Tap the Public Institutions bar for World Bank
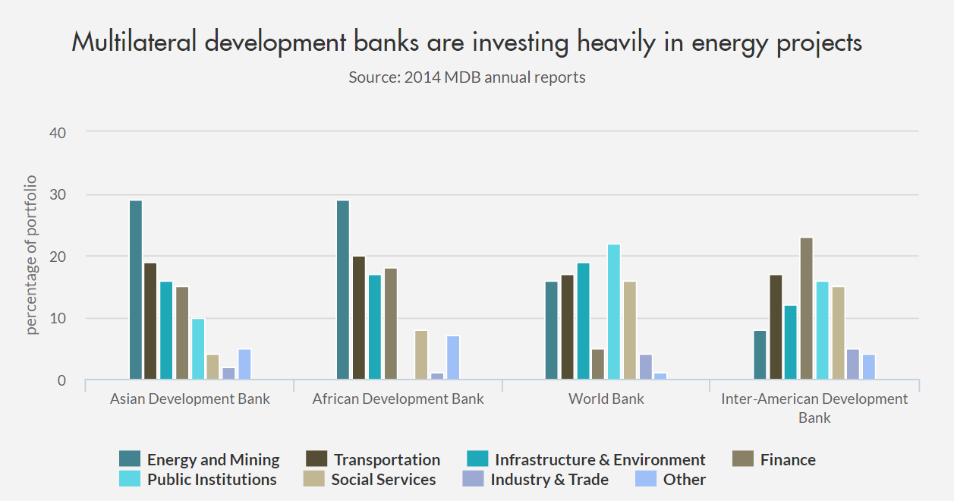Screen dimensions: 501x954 click(x=615, y=312)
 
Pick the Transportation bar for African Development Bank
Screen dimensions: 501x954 click(x=359, y=318)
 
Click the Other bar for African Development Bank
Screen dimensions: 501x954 click(x=452, y=358)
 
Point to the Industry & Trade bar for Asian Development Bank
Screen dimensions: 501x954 click(x=228, y=373)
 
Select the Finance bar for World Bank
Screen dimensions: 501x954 click(x=599, y=364)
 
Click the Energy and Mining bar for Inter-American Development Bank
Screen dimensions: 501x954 click(x=760, y=355)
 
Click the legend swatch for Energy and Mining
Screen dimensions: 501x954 click(x=130, y=459)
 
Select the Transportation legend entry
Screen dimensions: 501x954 click(x=386, y=460)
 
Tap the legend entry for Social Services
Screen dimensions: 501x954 click(x=383, y=480)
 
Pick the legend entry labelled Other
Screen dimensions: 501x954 click(x=684, y=480)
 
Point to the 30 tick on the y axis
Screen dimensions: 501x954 click(x=58, y=194)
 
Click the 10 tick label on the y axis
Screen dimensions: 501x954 click(x=58, y=318)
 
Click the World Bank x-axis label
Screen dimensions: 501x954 click(x=606, y=399)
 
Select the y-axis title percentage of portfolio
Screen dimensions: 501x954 click(x=32, y=255)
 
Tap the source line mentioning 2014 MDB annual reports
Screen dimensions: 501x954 click(x=467, y=77)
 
